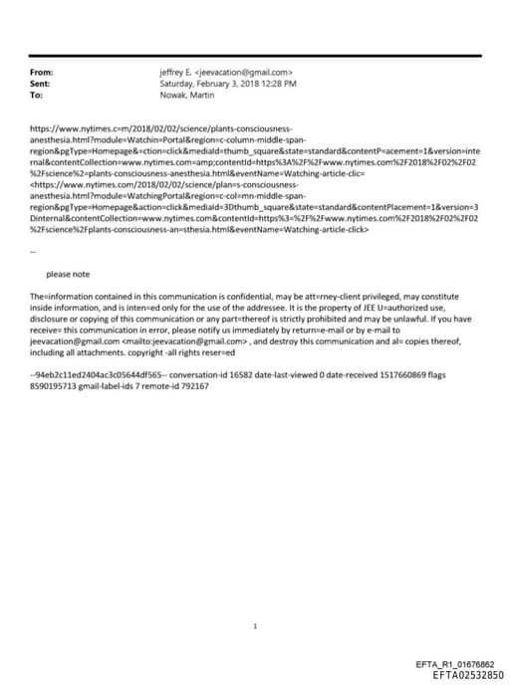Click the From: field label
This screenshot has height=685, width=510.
42,73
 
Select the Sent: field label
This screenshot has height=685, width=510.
41,84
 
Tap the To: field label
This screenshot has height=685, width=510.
37,95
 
